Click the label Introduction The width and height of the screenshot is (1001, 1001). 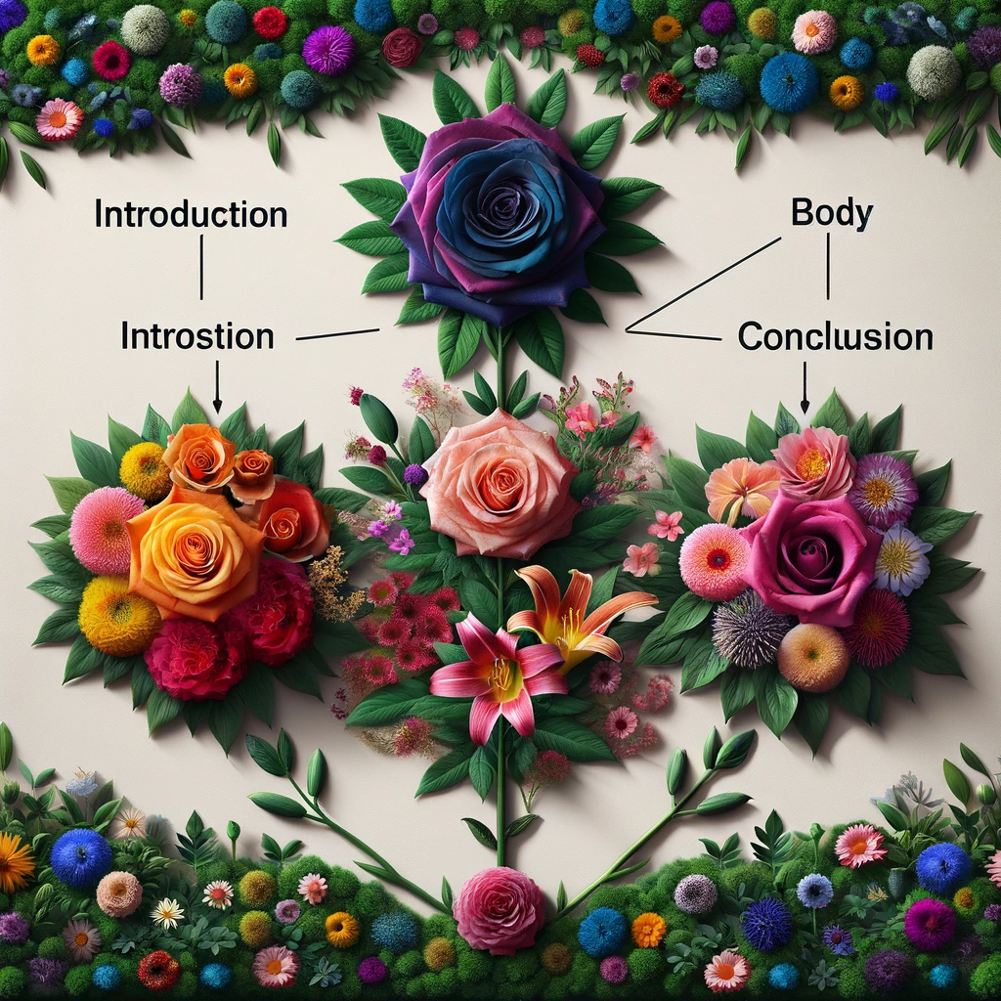(191, 214)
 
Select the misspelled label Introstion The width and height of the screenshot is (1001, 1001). (196, 336)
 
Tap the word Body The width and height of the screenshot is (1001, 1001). (831, 214)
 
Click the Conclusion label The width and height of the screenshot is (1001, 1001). (835, 337)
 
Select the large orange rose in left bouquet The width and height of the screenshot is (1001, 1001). (196, 552)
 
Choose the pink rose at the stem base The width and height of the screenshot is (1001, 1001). (499, 909)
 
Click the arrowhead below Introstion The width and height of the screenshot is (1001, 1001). (217, 403)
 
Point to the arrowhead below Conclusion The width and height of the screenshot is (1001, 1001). (805, 404)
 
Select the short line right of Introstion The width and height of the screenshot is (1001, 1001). (336, 335)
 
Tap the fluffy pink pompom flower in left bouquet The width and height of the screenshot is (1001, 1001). (107, 531)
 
